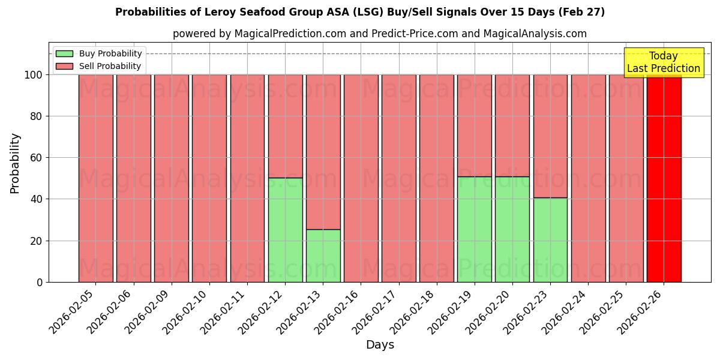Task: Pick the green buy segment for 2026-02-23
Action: pyautogui.click(x=550, y=240)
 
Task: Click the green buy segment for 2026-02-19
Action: pyautogui.click(x=475, y=229)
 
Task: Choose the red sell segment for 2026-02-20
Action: pyautogui.click(x=512, y=125)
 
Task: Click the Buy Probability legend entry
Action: pyautogui.click(x=99, y=53)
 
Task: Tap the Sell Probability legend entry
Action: pyautogui.click(x=99, y=66)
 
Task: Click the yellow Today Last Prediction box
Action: pyautogui.click(x=664, y=62)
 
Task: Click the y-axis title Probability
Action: pyautogui.click(x=15, y=163)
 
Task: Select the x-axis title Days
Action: pyautogui.click(x=380, y=345)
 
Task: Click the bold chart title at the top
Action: pyautogui.click(x=360, y=12)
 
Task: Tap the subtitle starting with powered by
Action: pyautogui.click(x=380, y=34)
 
